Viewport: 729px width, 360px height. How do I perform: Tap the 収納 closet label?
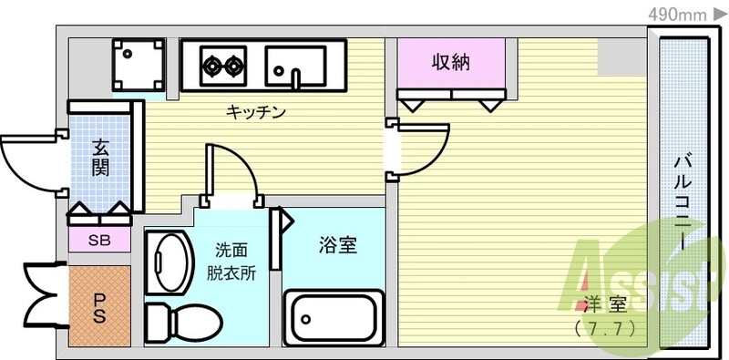[x=450, y=63]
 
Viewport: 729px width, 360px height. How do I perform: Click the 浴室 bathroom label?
[x=337, y=245]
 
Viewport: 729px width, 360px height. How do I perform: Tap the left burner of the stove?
[x=212, y=65]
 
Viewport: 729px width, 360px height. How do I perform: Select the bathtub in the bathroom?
[x=333, y=317]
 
